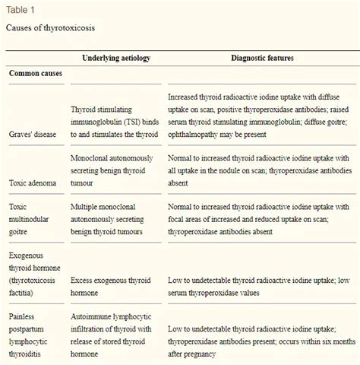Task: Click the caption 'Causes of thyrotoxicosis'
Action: pos(50,27)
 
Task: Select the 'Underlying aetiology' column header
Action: pos(115,57)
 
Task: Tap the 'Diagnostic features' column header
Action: pos(263,57)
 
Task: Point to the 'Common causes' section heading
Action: pos(36,74)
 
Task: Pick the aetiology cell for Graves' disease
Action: pos(114,122)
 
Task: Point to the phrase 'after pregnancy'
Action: pos(197,354)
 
